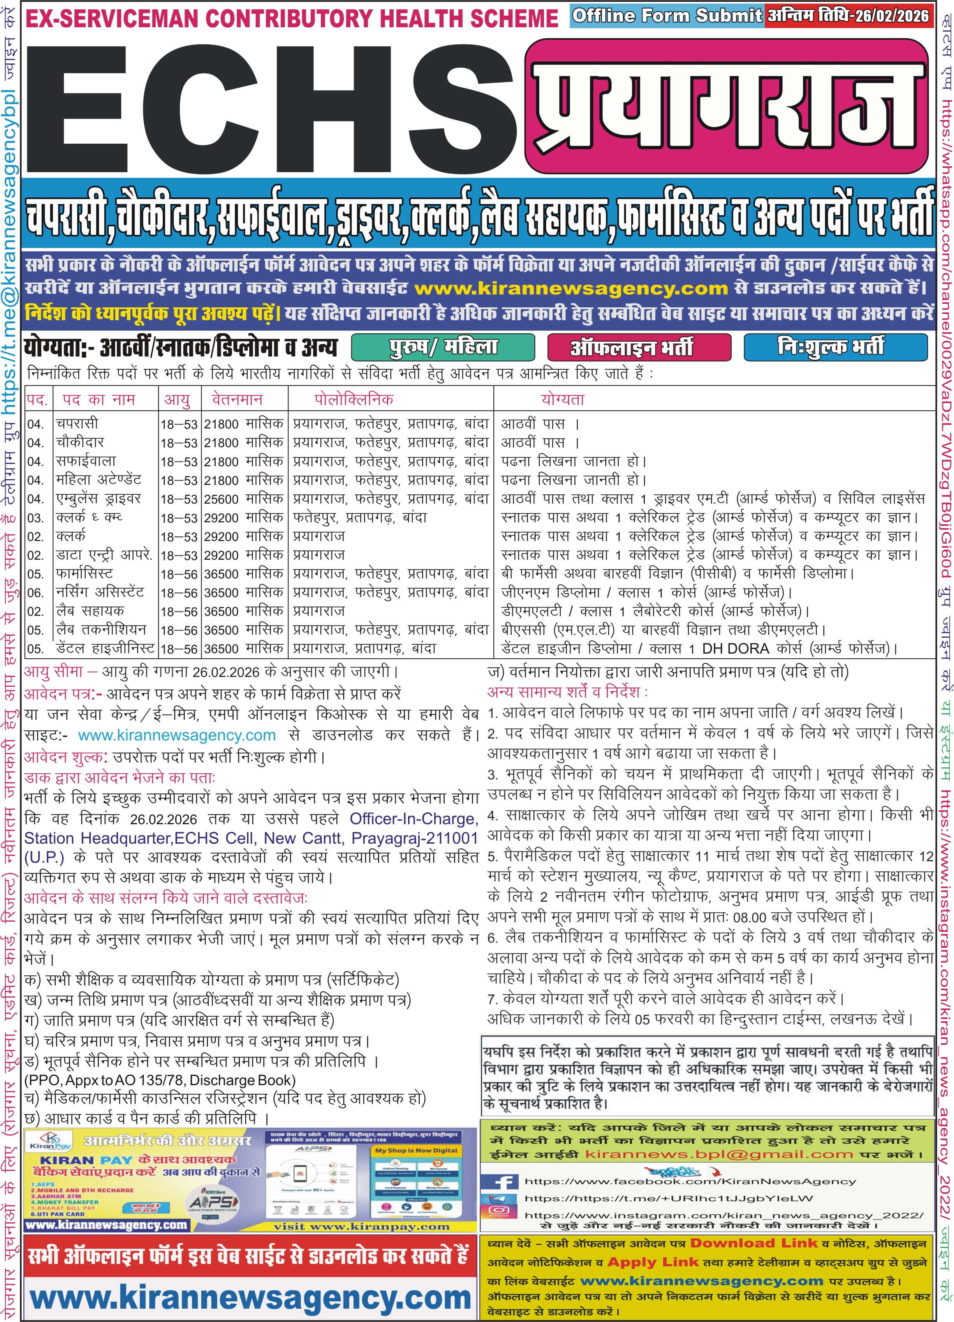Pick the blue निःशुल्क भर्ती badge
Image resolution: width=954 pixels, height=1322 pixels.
(x=835, y=347)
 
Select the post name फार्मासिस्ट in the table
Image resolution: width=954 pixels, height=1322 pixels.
(x=84, y=574)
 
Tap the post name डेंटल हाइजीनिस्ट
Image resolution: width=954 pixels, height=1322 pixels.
(x=105, y=648)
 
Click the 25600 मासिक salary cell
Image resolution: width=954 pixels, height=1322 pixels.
(x=243, y=499)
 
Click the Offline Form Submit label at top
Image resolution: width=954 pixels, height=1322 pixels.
(x=667, y=15)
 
